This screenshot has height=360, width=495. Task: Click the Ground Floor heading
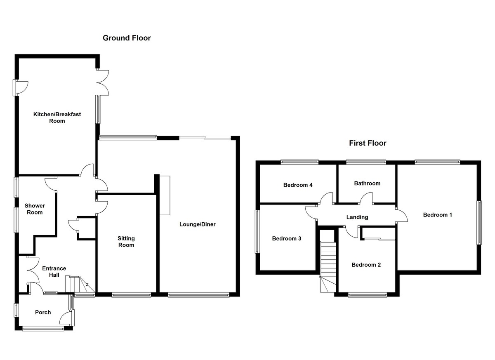[x=127, y=38]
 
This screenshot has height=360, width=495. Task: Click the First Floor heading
[x=368, y=143]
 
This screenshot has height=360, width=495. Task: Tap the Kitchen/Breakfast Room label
[x=57, y=118]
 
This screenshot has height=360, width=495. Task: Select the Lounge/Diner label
[x=197, y=224]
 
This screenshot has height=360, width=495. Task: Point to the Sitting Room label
[x=126, y=242]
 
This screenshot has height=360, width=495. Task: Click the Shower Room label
[x=35, y=209]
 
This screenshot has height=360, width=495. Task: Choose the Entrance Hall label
[x=54, y=272]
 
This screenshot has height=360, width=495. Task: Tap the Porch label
[x=43, y=312]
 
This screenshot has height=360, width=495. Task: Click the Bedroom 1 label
[x=438, y=215]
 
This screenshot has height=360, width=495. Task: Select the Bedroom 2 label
[x=366, y=265]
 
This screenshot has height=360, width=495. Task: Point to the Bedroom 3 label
[x=287, y=238]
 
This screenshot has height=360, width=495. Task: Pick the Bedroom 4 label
[x=298, y=185]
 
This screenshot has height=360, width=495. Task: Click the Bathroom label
[x=367, y=184]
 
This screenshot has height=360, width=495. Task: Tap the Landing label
[x=357, y=217]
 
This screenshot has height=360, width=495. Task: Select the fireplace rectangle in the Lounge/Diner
[x=165, y=195]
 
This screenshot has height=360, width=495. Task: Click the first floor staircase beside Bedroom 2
[x=328, y=267]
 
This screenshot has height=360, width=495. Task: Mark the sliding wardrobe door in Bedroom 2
[x=379, y=239]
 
